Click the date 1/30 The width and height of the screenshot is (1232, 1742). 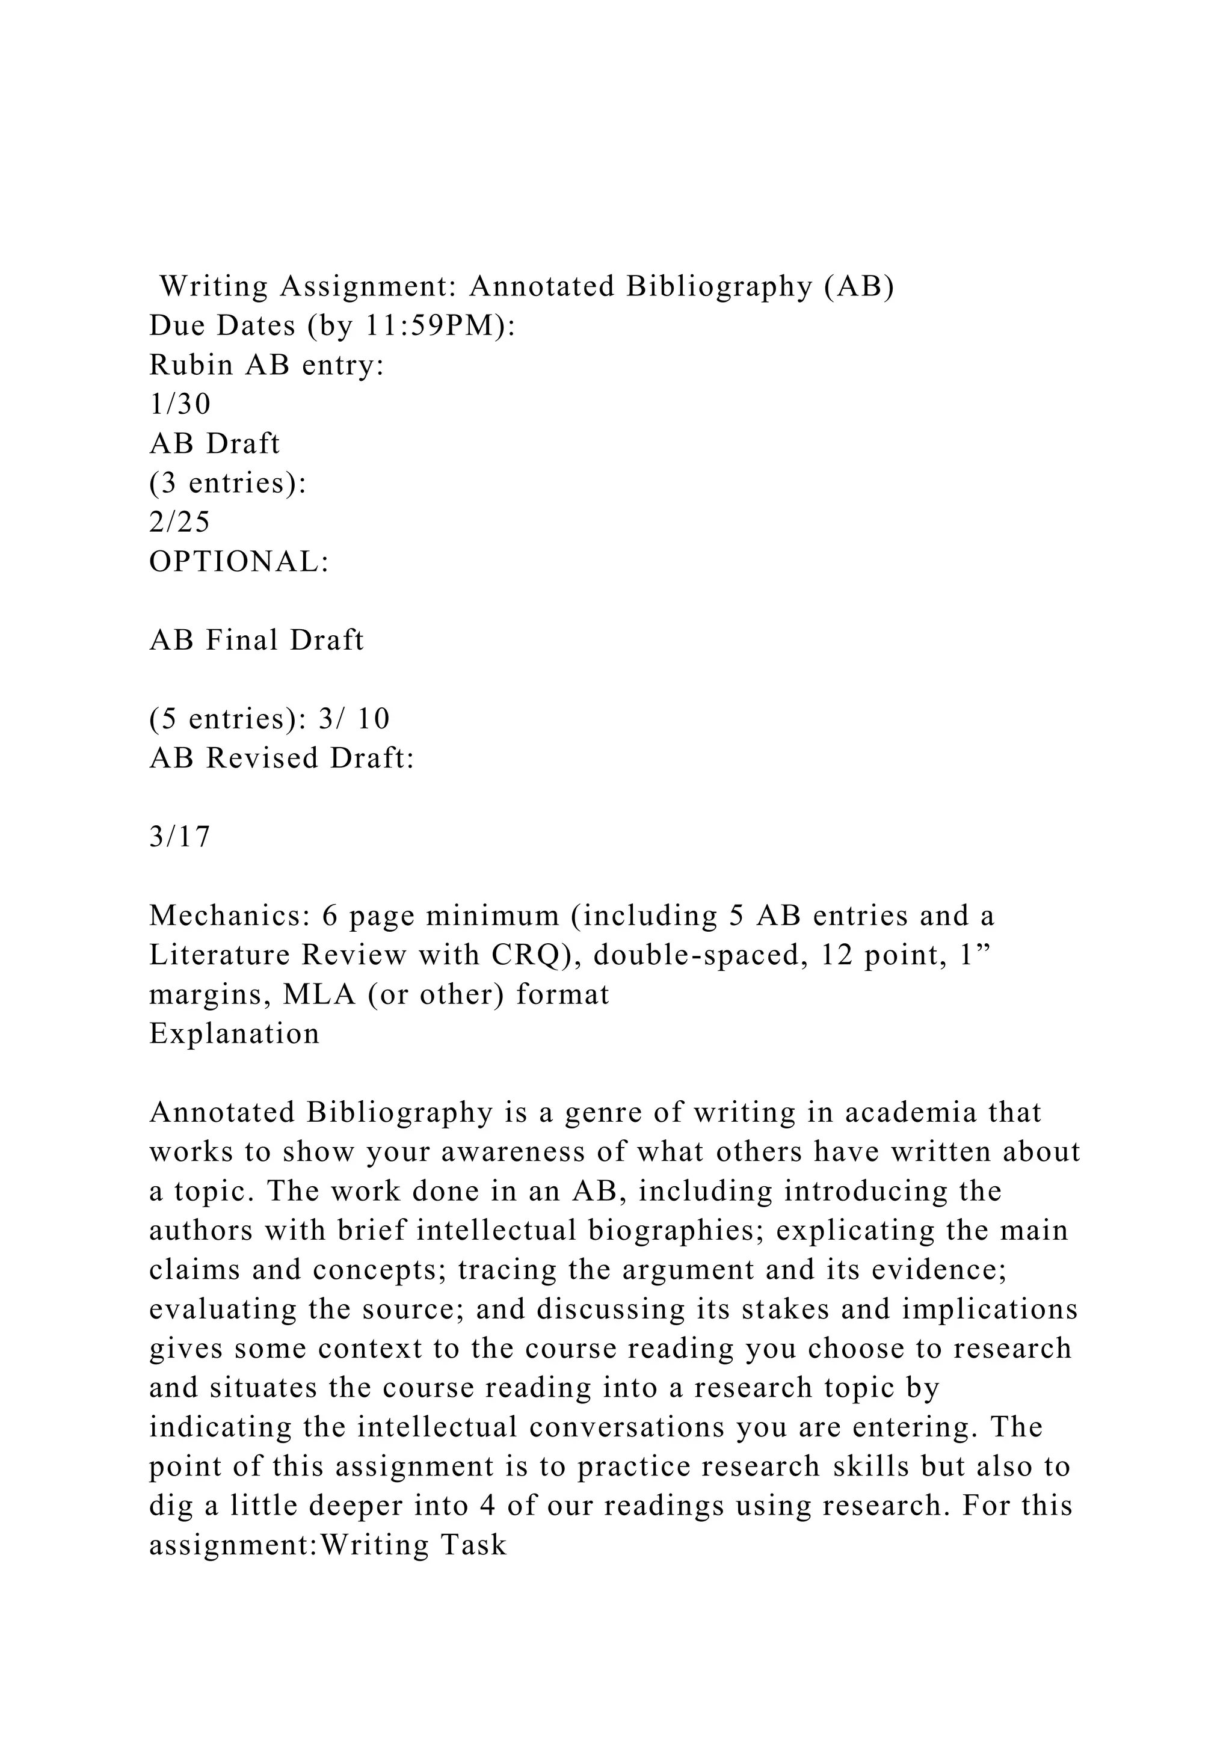coord(180,404)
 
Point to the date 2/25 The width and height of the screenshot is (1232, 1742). coord(180,523)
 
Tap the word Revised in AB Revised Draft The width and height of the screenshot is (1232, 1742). coord(262,759)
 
